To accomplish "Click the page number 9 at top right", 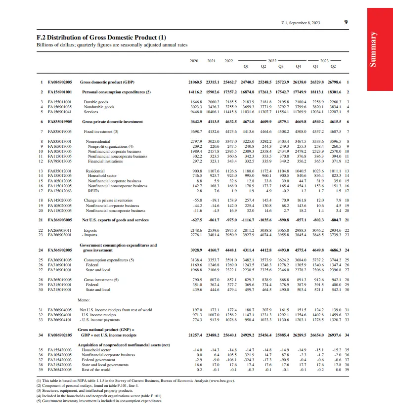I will click(x=346, y=22).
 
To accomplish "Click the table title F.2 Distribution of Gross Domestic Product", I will click(x=101, y=38).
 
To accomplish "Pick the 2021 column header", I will click(x=211, y=61).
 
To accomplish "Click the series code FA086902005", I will click(x=59, y=82).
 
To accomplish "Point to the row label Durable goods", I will click(x=96, y=102).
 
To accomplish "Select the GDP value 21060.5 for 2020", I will click(x=196, y=82).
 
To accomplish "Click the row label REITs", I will click(x=92, y=190).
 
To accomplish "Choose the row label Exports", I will click(x=90, y=230).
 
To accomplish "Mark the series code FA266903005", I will click(x=59, y=220).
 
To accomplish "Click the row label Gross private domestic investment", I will click(x=112, y=121).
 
